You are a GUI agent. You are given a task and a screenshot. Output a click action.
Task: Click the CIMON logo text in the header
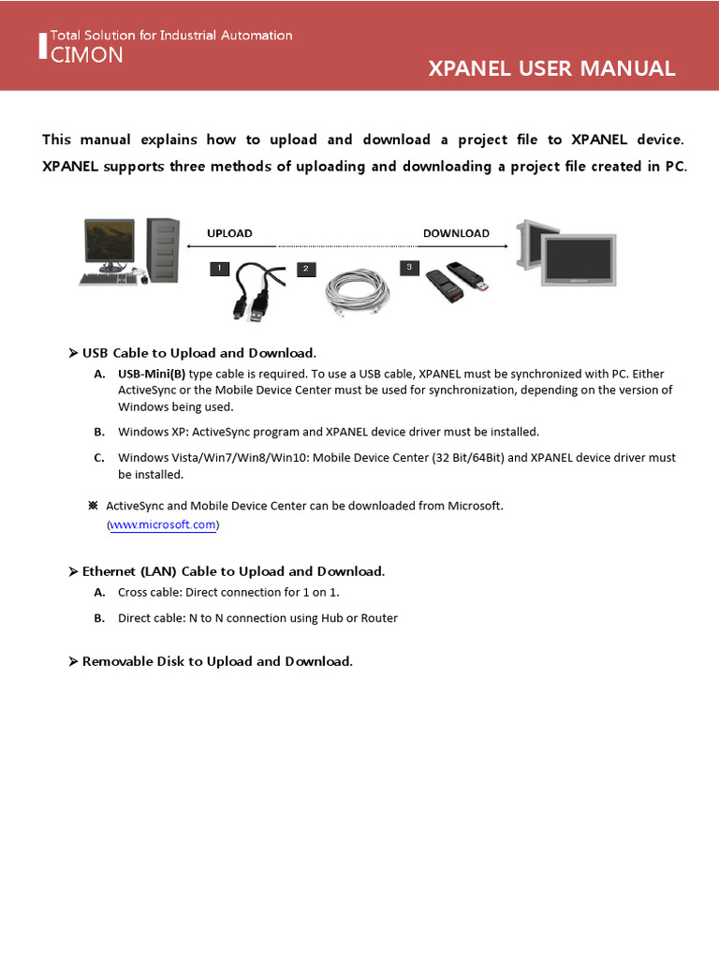86,55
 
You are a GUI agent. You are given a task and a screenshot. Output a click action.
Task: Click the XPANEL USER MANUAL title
551,68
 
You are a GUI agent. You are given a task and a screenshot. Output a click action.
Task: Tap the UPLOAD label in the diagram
229,233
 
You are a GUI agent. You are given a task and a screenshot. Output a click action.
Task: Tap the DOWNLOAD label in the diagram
456,233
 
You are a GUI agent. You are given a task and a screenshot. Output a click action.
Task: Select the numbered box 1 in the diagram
219,269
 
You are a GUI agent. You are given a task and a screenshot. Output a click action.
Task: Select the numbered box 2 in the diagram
306,270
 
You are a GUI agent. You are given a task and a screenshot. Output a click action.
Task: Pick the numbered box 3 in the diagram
409,268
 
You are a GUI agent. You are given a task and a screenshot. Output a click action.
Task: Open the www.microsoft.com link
163,525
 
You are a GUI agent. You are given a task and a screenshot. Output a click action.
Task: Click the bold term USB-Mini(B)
152,373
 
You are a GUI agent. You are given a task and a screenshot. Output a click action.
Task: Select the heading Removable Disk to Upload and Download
217,661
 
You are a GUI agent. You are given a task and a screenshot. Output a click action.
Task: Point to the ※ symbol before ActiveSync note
93,506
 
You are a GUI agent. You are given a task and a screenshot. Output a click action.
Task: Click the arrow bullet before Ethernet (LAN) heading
73,571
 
